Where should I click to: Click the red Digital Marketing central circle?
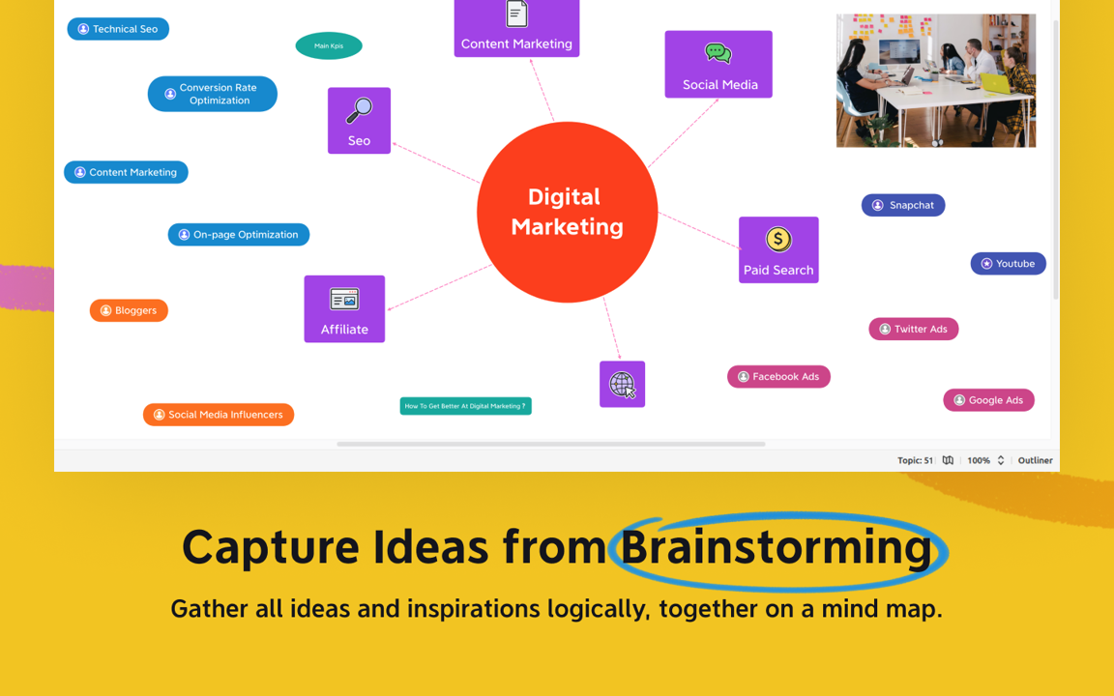[x=567, y=212]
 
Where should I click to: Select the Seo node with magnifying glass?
[x=359, y=120]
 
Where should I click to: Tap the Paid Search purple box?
[x=778, y=249]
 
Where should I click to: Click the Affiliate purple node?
[x=344, y=309]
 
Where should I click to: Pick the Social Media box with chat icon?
[x=718, y=64]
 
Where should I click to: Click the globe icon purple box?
[x=623, y=384]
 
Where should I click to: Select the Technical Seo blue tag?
[x=118, y=29]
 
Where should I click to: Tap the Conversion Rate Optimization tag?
[x=213, y=94]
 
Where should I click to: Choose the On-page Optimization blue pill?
[x=239, y=234]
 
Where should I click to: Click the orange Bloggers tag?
[x=129, y=310]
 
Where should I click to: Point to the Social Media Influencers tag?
[x=219, y=415]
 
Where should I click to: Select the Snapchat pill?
[x=903, y=205]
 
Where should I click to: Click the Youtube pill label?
[x=1009, y=264]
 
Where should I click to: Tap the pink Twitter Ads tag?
[x=914, y=329]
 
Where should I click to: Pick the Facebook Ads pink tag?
[x=778, y=376]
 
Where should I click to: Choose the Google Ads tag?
[x=989, y=400]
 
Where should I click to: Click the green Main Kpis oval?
[x=329, y=46]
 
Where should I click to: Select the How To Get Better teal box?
[x=465, y=406]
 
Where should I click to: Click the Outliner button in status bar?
[x=1035, y=460]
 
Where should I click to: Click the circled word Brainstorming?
[x=776, y=547]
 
